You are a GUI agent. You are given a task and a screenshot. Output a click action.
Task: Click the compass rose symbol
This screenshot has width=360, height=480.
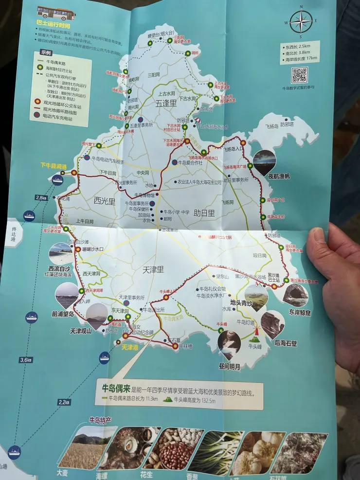click(x=301, y=21)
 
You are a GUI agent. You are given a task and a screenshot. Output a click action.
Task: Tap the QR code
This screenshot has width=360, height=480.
click(x=299, y=75)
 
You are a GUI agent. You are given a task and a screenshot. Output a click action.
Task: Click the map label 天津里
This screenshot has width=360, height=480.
click(x=154, y=269)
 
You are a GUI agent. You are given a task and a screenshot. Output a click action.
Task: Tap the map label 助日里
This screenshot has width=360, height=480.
click(x=204, y=213)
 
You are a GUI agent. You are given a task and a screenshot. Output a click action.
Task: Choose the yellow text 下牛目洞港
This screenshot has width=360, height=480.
click(x=53, y=166)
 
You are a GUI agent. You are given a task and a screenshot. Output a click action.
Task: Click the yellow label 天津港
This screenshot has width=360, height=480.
click(x=130, y=347)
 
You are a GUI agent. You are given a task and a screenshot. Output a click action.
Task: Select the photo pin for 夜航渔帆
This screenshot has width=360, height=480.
click(x=264, y=161)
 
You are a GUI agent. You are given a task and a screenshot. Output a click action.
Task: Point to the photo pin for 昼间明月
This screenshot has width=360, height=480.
click(x=229, y=343)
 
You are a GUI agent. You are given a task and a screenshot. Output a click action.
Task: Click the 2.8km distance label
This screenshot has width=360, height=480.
click(x=41, y=197)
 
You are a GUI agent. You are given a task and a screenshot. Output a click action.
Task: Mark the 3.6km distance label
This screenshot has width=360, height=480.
click(x=26, y=360)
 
